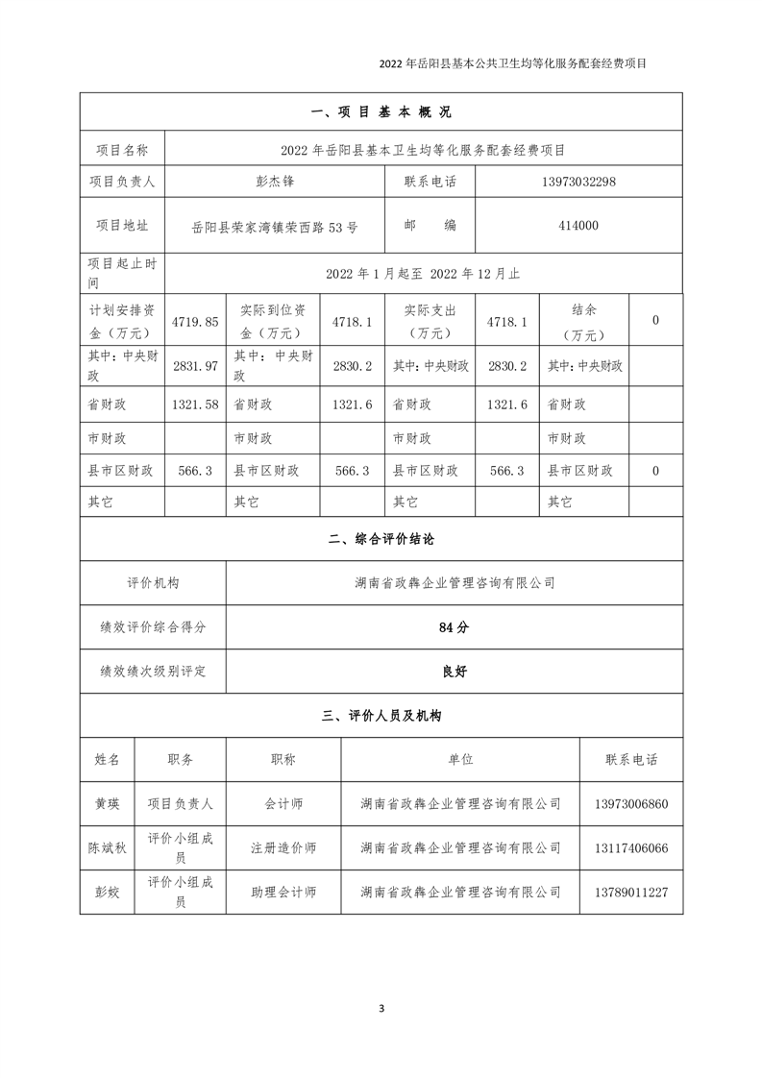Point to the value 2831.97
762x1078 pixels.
196,366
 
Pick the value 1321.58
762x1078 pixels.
196,405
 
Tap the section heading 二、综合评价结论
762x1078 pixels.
381,540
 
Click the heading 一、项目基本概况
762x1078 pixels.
381,112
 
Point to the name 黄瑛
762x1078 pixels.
108,803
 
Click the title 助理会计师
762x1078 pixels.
283,893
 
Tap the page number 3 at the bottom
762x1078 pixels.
381,1008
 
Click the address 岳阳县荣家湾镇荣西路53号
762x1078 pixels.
275,227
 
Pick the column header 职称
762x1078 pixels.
283,759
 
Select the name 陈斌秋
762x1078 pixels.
108,848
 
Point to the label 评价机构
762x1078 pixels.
153,582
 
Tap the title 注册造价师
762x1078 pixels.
283,848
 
